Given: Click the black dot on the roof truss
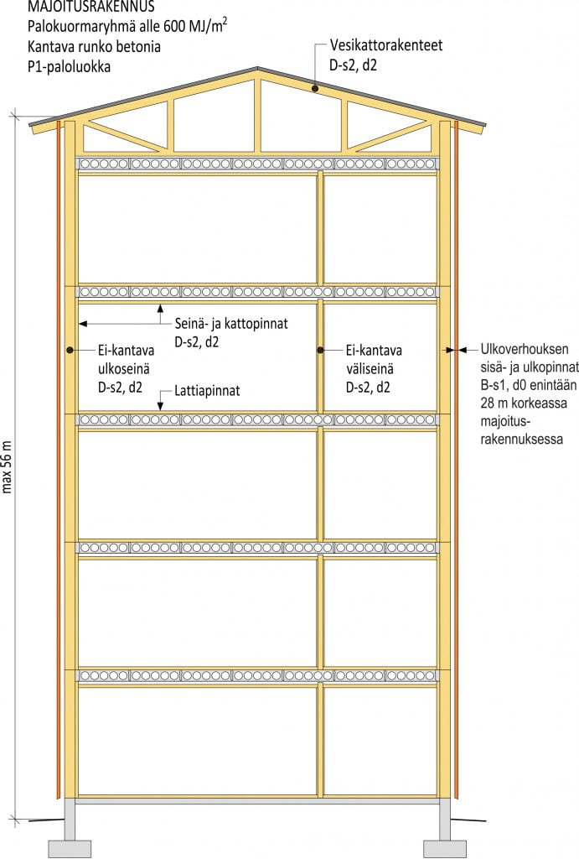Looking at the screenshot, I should pos(313,87).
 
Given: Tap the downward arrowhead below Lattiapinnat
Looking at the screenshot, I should pos(160,408).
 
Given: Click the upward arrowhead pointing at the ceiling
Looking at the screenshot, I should pos(160,308).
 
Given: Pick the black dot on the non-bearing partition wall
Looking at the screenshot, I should pos(320,350).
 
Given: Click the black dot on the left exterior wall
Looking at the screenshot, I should pos(70,350).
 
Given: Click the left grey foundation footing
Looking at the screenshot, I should pos(70,846).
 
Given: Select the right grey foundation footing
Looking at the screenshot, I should pos(444,846).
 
